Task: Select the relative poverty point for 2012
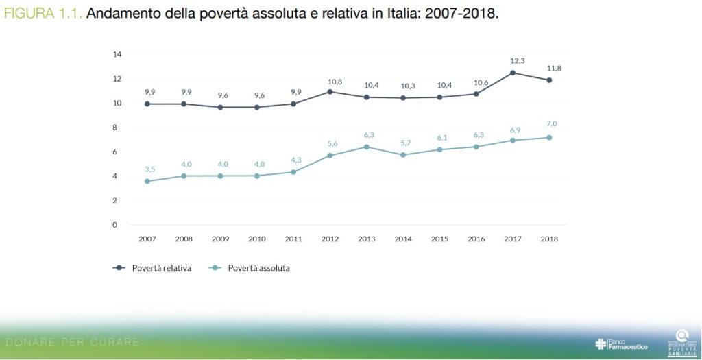tap(330, 91)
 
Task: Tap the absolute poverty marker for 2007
tap(147, 181)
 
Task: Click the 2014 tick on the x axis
tap(403, 239)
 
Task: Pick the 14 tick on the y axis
tap(117, 54)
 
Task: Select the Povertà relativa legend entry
tap(152, 268)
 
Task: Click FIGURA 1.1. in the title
tap(43, 13)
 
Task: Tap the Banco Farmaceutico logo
tap(621, 344)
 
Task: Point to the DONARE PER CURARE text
tap(71, 341)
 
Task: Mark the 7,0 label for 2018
tap(550, 124)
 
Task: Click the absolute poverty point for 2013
tap(367, 147)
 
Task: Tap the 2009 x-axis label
tap(220, 239)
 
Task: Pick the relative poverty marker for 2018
tap(549, 80)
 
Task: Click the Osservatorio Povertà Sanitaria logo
tap(681, 340)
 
